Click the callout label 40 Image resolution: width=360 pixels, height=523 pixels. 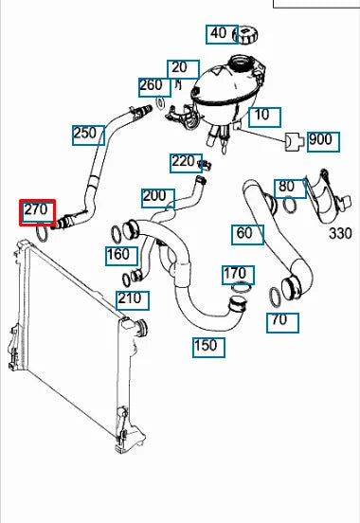219,34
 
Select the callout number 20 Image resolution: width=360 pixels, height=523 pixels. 179,68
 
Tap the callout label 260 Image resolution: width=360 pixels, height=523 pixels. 152,86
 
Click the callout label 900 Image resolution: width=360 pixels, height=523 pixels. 320,140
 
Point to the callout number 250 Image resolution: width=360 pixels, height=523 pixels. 86,134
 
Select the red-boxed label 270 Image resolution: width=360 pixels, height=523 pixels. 39,210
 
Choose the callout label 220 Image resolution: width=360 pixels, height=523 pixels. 183,162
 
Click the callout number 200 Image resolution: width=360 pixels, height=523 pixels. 153,198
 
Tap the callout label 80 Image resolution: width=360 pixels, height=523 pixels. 286,187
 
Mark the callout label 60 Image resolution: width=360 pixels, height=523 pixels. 244,233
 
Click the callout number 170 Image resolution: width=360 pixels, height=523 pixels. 235,275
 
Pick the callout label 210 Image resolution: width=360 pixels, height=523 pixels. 130,299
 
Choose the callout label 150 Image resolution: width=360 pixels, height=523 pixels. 207,346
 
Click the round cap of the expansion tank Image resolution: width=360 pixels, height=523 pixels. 247,36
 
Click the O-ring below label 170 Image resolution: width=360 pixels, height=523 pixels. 243,288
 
